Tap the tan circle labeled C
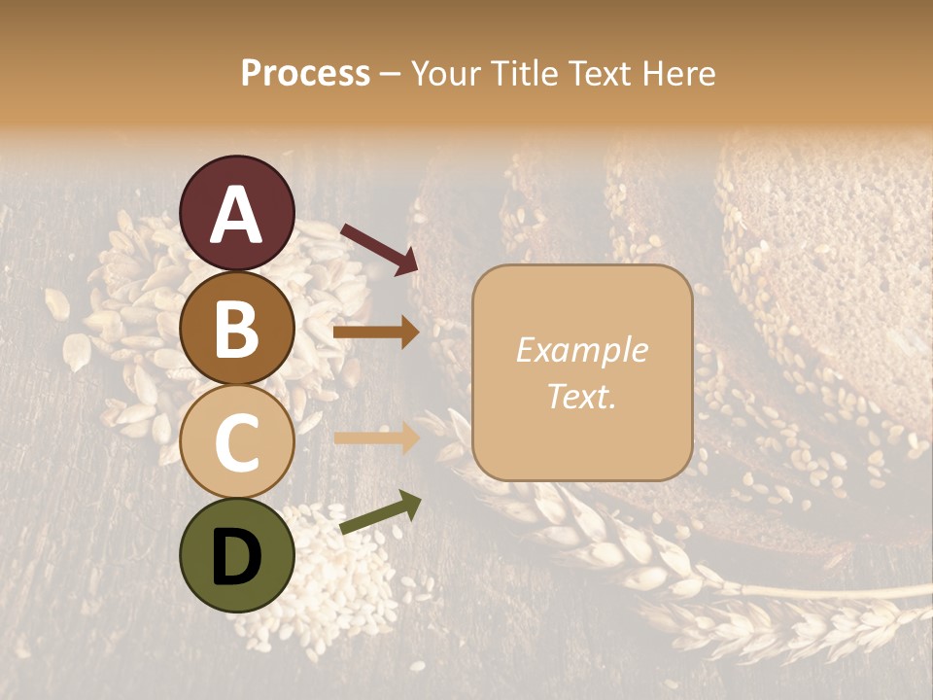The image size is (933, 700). [237, 442]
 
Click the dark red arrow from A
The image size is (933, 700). [379, 247]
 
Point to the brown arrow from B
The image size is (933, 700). [376, 333]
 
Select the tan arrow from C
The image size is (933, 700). [376, 438]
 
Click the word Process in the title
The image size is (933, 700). [305, 74]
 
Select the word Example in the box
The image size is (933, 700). [581, 350]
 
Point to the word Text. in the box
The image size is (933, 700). [581, 397]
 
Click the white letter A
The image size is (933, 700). [237, 215]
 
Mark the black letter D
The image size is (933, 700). [237, 557]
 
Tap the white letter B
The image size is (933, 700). [237, 330]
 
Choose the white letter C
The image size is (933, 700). [237, 443]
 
